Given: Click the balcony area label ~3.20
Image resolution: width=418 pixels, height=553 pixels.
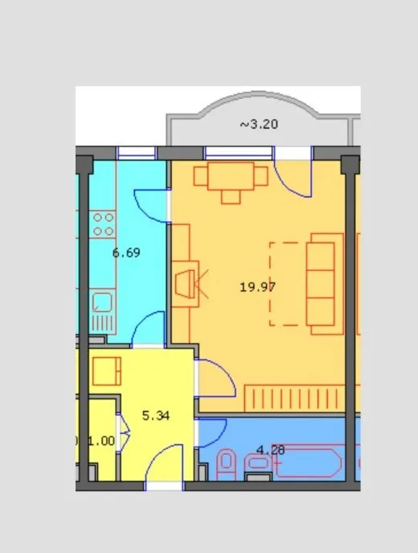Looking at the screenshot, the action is [259, 124].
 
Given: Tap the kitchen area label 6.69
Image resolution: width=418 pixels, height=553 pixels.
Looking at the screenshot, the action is [126, 252].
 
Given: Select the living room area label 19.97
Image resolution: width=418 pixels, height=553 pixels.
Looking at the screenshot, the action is [257, 287].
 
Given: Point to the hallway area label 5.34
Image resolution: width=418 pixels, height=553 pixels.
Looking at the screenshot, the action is [156, 416].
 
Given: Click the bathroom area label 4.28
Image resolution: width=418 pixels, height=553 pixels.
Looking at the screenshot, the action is [271, 450].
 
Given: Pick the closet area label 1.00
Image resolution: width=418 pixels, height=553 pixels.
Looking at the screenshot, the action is [101, 440].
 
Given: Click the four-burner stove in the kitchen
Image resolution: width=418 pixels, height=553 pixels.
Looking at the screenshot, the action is [102, 224].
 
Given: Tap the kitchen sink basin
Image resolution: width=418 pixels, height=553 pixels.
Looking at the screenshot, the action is [103, 302].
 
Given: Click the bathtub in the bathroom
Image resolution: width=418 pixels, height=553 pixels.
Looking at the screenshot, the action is [308, 462].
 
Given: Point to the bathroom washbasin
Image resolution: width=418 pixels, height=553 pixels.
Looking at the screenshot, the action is [258, 463].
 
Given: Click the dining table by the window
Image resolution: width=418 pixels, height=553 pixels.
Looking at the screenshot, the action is [231, 176].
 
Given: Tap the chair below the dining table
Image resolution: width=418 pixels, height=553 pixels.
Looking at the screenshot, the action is [231, 197].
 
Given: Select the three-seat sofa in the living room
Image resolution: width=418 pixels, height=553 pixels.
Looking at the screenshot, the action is [325, 284].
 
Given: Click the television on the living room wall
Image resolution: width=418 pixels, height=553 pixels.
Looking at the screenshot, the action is [186, 284].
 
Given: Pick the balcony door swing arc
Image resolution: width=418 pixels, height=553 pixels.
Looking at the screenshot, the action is [290, 184].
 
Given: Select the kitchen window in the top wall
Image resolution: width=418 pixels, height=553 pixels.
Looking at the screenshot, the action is [136, 153].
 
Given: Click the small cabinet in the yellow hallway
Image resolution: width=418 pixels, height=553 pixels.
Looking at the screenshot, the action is [107, 371].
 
